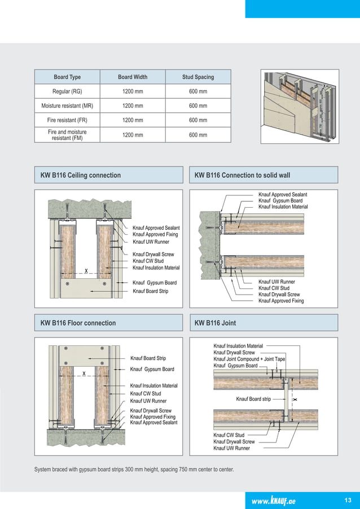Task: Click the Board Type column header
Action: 67,77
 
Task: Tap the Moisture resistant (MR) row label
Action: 67,106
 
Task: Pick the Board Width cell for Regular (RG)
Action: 133,91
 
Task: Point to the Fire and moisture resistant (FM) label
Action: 67,135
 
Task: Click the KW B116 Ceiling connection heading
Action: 81,175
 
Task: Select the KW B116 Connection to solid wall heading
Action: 242,175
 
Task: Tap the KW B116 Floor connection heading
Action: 78,323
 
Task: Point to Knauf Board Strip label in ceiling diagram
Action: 150,291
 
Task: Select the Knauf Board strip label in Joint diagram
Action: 253,399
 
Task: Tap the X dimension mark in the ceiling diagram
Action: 86,271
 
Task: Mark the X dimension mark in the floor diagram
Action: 84,374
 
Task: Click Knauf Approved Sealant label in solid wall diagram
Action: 282,195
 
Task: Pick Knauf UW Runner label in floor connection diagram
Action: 148,401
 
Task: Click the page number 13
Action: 347,499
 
